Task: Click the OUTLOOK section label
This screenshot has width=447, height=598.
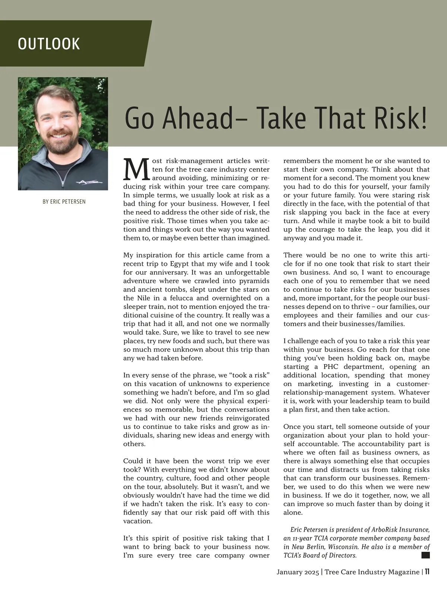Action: click(49, 44)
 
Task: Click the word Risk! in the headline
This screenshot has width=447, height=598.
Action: click(400, 118)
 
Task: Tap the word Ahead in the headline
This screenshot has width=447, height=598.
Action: click(197, 118)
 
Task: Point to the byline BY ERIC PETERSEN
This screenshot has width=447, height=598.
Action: click(64, 202)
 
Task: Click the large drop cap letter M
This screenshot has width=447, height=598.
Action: click(136, 169)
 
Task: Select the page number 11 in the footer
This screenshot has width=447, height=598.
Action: click(427, 572)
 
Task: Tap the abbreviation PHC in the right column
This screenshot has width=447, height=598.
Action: click(331, 367)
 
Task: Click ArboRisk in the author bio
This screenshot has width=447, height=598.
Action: click(387, 530)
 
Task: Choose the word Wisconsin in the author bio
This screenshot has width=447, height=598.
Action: click(343, 547)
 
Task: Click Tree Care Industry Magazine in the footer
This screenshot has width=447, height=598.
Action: click(372, 572)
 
